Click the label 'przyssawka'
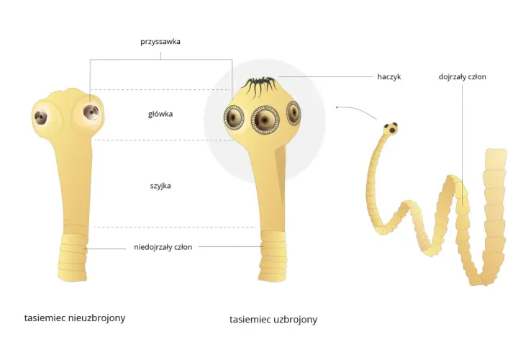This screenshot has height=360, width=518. tap(160, 42)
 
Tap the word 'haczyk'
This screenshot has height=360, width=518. tap(388, 77)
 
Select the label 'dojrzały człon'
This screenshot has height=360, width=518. tap(462, 77)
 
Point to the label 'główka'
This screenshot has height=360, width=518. tap(160, 114)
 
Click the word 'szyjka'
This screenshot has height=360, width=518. tap(160, 186)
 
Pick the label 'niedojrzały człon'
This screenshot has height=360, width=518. tap(163, 247)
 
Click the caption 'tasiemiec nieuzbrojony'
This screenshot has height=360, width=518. tap(75, 318)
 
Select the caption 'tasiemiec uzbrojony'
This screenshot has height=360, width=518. tap(273, 320)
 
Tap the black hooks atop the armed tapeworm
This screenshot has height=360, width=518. tap(260, 86)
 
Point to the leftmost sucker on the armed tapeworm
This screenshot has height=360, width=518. tap(235, 118)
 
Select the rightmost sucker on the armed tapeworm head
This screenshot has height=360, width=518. tap(294, 113)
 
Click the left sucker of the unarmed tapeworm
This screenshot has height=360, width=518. tap(40, 117)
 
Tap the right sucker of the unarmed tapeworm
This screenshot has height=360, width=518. tap(91, 112)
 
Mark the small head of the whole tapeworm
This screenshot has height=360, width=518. tap(391, 128)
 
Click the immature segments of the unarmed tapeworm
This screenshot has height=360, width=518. tap(73, 257)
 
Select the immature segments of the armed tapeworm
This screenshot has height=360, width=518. tap(273, 256)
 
